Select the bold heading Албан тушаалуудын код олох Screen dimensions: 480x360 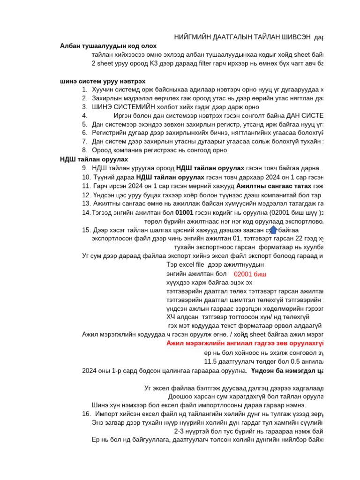(x=108, y=46)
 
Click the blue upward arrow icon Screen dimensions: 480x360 (x=273, y=230)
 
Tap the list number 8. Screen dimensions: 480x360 (x=84, y=150)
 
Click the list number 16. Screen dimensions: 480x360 (x=86, y=414)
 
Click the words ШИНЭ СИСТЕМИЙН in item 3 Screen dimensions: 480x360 (x=117, y=107)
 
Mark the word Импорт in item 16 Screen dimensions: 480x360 (x=107, y=414)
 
